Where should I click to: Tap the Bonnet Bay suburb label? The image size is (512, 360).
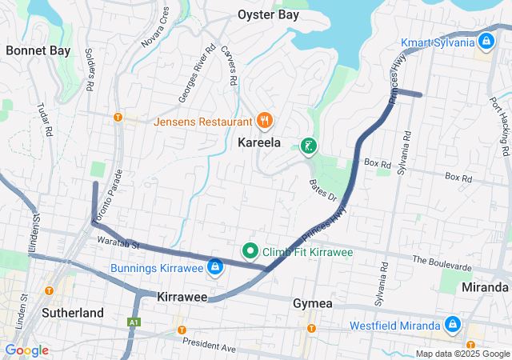click(x=37, y=50)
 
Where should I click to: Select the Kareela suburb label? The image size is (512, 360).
click(x=259, y=143)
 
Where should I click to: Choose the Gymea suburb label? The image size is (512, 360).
click(x=312, y=304)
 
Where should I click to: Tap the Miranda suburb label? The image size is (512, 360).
click(x=485, y=286)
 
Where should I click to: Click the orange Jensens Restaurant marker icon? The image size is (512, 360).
click(x=265, y=122)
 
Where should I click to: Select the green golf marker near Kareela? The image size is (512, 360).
click(x=307, y=146)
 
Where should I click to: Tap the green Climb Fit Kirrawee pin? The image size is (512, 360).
click(x=250, y=251)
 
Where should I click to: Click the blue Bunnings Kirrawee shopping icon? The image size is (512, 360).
click(x=214, y=266)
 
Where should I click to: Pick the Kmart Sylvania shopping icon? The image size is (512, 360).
click(x=486, y=41)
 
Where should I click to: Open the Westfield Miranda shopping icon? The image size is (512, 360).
click(x=452, y=326)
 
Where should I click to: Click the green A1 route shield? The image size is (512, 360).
click(x=133, y=322)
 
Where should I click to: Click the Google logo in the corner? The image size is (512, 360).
click(x=27, y=350)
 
